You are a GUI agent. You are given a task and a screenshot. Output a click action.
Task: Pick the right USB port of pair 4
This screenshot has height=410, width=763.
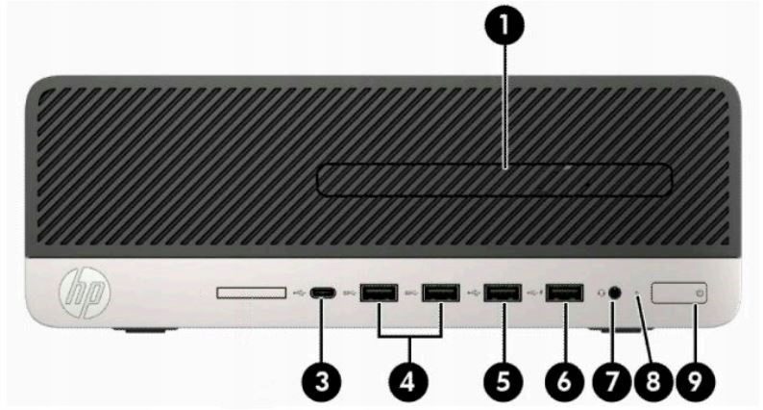[x=442, y=293]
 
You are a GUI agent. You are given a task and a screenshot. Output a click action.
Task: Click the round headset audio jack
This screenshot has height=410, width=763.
[x=615, y=293]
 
